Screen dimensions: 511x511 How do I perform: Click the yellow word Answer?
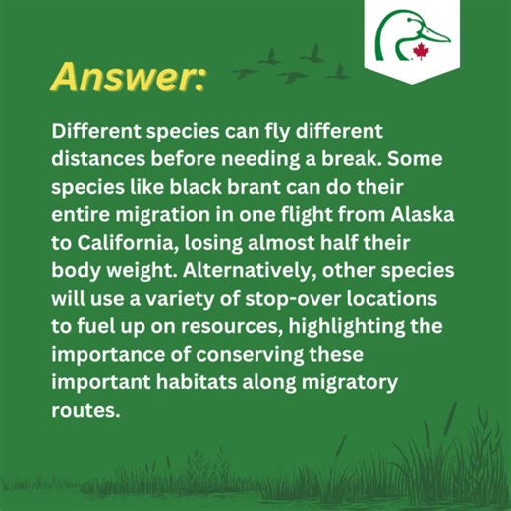(127, 77)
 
